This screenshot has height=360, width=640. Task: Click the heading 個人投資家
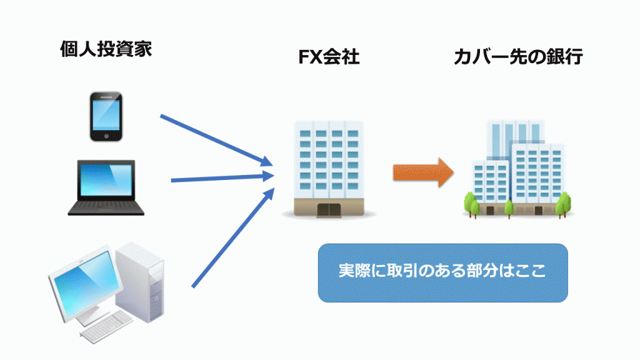point(106,49)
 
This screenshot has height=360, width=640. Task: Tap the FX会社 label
point(329,57)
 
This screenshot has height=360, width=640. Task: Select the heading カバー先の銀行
point(518,57)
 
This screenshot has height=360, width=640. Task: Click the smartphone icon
point(106,117)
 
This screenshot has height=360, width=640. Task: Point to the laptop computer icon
point(106,187)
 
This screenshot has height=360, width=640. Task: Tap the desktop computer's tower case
point(141,282)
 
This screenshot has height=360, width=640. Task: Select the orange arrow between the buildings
point(423,172)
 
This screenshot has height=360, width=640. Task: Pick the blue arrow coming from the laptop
point(222,178)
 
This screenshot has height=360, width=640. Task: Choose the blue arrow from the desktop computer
point(233,237)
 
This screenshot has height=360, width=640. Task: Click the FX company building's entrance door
point(329,210)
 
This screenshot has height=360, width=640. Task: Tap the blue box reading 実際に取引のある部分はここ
point(443,272)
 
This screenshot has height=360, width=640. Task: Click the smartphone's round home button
point(106,136)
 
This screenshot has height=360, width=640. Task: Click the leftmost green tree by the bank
point(472,204)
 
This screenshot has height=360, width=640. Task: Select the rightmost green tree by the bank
point(564,204)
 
